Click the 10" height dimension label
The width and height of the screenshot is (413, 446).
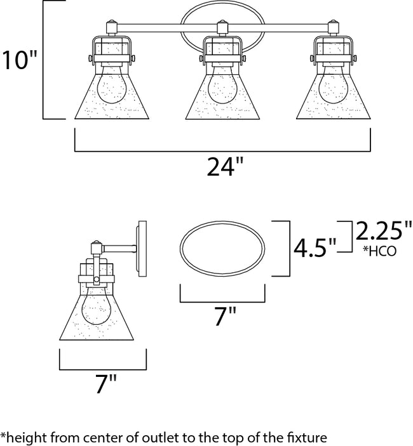[x=19, y=61]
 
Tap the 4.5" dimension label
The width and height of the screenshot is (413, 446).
[x=313, y=246]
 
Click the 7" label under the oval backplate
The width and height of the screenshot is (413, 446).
[x=222, y=315]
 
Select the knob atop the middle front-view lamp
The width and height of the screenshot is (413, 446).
[x=222, y=26]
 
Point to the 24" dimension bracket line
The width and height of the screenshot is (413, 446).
[x=222, y=151]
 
